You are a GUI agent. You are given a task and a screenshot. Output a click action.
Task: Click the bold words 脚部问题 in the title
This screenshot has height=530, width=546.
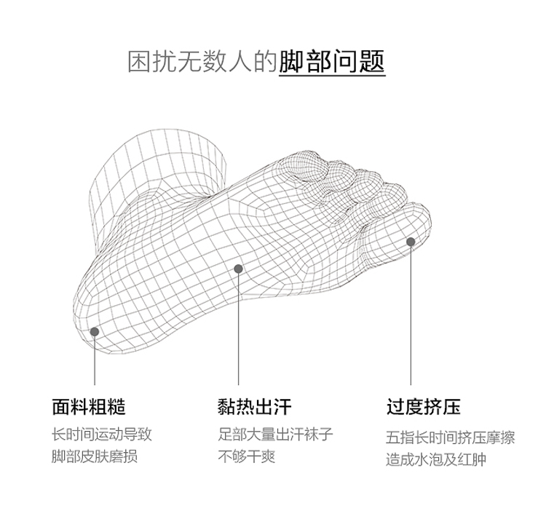(332, 61)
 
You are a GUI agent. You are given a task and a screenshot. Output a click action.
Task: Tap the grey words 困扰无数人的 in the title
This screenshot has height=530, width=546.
(203, 62)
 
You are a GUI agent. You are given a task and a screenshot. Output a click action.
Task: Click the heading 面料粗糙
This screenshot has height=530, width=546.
(88, 407)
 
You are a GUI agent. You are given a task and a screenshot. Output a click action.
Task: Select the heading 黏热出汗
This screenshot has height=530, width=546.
(254, 407)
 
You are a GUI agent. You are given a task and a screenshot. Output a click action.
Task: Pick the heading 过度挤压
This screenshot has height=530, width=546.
(423, 407)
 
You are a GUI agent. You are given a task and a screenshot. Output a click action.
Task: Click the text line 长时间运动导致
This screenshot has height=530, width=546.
(101, 435)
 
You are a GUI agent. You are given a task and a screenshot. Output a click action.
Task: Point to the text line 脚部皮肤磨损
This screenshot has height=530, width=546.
(94, 457)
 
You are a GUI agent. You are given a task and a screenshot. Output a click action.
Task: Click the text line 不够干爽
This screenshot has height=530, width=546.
(247, 457)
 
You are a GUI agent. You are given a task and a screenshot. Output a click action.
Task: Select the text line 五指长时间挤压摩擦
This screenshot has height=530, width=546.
(450, 438)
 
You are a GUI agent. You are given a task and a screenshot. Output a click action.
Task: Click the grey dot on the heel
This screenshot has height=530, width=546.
(95, 332)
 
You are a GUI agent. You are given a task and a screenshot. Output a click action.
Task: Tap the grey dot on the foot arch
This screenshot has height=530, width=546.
(238, 269)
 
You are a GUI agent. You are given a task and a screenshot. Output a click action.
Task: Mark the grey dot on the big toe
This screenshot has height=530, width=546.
(411, 242)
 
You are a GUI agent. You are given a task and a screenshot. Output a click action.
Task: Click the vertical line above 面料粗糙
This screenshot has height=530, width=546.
(95, 360)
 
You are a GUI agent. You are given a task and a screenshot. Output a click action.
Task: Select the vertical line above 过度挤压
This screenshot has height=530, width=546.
(411, 313)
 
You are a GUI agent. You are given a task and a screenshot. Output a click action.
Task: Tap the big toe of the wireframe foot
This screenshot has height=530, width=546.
(400, 229)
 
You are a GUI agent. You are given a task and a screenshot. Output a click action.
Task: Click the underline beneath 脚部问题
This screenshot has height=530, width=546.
(332, 76)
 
